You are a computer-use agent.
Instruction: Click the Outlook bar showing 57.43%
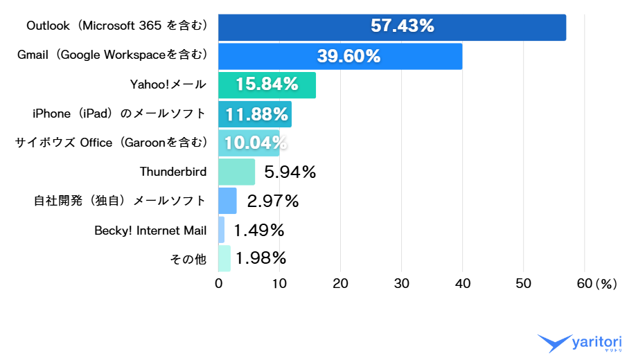tap(391, 27)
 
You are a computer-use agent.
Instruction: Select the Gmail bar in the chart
tap(339, 56)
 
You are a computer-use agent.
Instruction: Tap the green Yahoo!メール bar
tap(267, 85)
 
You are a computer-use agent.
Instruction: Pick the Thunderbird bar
tap(236, 172)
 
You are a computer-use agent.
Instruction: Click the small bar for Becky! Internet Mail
tap(222, 230)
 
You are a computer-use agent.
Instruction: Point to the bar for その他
tap(224, 258)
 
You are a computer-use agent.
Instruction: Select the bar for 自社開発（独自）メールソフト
tap(227, 201)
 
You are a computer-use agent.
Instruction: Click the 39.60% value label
tap(348, 56)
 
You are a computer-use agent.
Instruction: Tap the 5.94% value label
tap(290, 172)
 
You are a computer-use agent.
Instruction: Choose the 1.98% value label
tap(260, 258)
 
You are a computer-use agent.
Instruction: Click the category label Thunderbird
tap(173, 172)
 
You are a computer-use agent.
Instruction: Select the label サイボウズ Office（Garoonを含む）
tap(111, 143)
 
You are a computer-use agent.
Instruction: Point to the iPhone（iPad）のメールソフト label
tap(119, 114)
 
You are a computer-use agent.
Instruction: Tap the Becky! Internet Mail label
tap(150, 230)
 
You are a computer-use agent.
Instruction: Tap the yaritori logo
tap(581, 343)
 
